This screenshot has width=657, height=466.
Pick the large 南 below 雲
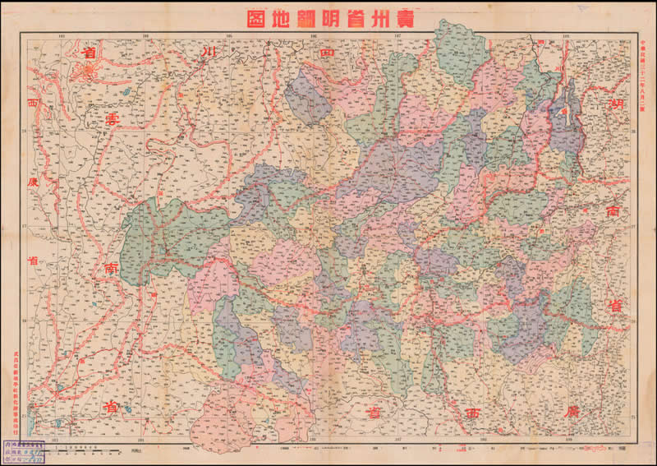click(x=110, y=268)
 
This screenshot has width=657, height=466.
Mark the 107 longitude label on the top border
click(x=398, y=35)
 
